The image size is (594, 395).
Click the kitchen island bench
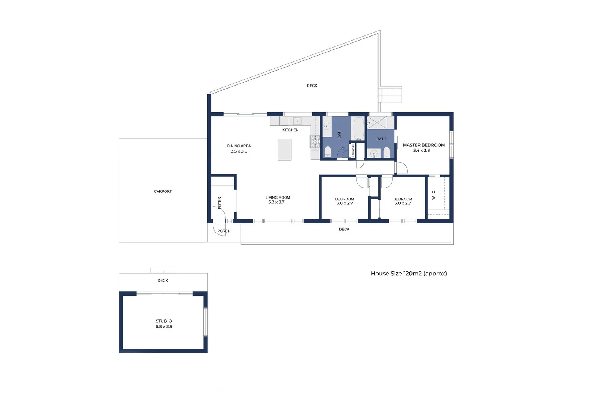click(284, 150)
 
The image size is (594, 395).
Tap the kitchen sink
click(297, 121)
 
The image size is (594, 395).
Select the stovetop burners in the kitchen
click(315, 142)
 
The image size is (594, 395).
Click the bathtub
click(358, 128)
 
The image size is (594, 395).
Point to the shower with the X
click(377, 122)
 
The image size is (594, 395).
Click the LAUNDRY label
click(353, 150)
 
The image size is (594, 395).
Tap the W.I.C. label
click(433, 195)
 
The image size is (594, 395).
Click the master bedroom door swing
click(402, 168)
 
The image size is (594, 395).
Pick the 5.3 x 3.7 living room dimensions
click(276, 202)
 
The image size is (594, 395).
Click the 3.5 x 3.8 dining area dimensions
click(239, 151)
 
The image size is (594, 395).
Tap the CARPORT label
click(163, 191)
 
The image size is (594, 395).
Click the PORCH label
click(224, 231)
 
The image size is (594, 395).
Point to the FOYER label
click(219, 203)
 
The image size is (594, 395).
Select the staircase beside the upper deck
click(390, 95)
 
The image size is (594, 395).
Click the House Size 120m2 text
click(409, 274)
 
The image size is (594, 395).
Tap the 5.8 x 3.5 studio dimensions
click(164, 327)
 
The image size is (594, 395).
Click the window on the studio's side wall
click(205, 322)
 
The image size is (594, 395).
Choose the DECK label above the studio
click(163, 281)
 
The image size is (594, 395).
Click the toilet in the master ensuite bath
click(386, 152)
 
